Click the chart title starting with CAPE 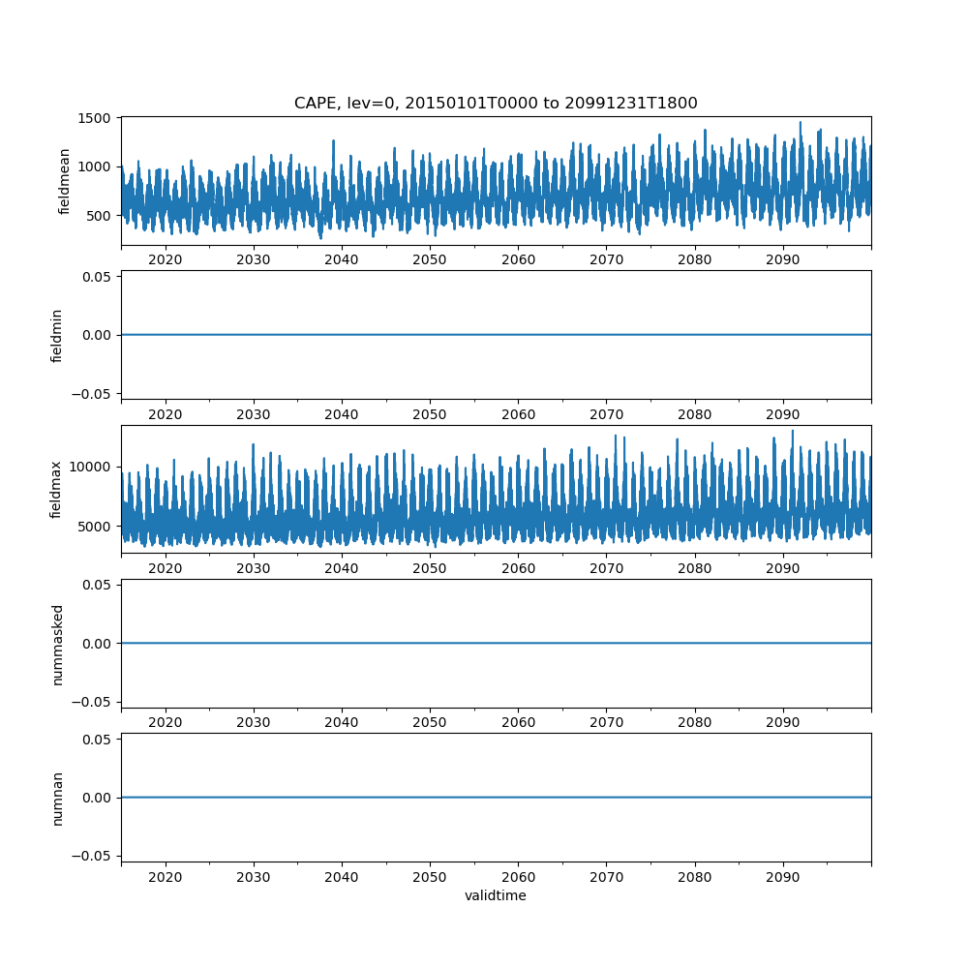point(496,103)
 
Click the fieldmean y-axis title point(64,182)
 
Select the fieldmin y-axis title point(56,336)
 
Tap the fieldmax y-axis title point(55,490)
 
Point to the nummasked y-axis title point(57,645)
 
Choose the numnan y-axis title point(57,799)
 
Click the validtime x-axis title point(496,895)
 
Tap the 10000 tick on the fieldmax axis point(90,468)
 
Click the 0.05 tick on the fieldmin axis point(97,277)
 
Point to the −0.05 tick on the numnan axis point(91,857)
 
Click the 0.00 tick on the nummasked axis point(97,644)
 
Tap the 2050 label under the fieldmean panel point(430,259)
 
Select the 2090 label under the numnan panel point(783,877)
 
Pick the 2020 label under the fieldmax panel point(166,568)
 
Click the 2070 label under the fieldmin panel point(606,414)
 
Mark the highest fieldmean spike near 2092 point(801,122)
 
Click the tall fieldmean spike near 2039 point(333,140)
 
